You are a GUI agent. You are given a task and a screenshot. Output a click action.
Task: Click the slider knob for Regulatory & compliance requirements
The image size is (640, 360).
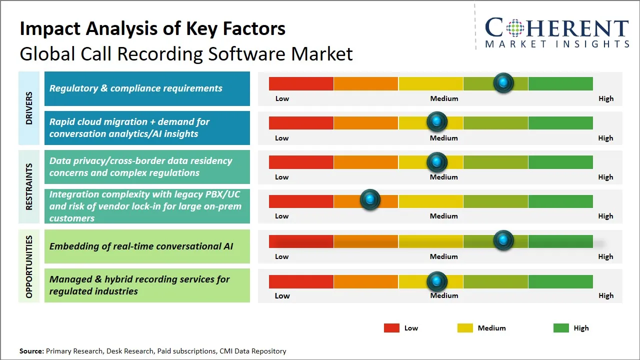503,83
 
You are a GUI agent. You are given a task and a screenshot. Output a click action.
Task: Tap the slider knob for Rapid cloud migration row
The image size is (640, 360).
437,121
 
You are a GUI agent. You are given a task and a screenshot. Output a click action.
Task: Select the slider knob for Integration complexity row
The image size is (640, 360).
370,199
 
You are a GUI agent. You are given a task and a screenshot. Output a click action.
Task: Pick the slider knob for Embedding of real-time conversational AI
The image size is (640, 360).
503,240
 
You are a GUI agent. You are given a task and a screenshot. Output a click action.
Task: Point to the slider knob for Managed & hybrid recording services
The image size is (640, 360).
437,281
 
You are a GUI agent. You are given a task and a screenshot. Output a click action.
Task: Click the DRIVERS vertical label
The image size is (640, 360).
29,107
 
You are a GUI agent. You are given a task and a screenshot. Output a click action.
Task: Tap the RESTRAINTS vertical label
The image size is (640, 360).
29,186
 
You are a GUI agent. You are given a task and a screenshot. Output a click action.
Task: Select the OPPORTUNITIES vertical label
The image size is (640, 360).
29,266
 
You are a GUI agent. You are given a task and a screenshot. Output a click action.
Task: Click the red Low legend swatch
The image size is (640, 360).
391,328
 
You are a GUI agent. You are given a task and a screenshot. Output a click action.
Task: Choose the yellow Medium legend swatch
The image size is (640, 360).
465,328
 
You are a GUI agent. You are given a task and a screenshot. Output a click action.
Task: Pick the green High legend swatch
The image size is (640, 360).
561,328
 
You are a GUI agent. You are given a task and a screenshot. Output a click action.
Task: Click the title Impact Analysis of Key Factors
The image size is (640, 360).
152,28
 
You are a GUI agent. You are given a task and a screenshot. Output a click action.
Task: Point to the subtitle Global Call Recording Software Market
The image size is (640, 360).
186,53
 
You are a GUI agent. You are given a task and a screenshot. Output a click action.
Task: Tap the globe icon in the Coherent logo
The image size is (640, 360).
514,28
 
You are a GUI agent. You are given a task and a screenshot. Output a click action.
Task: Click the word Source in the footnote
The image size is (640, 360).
31,351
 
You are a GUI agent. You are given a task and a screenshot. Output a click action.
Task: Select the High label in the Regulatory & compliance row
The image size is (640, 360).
606,98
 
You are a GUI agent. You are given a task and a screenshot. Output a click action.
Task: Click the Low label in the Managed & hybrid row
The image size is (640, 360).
282,295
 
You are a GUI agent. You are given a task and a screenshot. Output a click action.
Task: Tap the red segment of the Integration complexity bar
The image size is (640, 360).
301,201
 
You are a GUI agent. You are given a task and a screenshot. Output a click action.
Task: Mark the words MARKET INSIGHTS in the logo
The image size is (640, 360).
557,44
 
